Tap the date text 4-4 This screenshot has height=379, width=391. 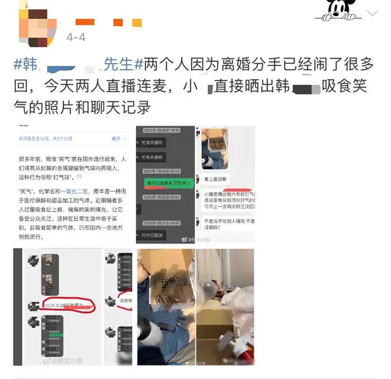(76, 37)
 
